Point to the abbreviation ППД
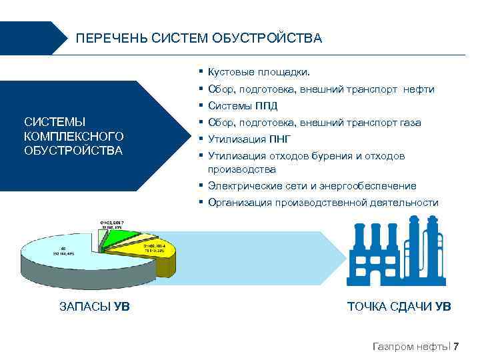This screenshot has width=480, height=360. (265, 106)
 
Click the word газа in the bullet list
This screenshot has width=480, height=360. (410, 123)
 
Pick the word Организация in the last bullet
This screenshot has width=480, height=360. (239, 203)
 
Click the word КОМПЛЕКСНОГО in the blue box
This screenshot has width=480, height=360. (73, 136)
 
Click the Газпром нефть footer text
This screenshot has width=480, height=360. (410, 346)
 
